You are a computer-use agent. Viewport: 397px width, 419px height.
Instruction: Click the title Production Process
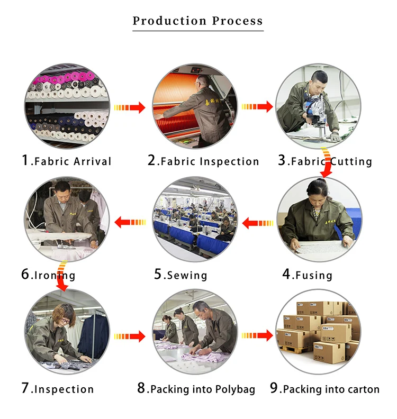point(197,21)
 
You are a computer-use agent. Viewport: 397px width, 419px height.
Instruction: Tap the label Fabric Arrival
point(66,161)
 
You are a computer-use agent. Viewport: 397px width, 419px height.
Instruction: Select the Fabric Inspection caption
point(203,161)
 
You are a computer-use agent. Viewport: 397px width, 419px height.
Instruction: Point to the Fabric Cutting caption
point(325,161)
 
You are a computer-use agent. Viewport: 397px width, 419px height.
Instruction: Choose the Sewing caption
point(181,275)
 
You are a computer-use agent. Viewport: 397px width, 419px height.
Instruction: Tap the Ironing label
point(48,275)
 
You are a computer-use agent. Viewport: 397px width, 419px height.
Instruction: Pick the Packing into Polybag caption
point(196,389)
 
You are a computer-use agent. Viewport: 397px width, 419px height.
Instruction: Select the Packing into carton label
point(324,389)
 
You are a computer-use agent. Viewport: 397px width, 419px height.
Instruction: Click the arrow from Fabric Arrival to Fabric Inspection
point(130,107)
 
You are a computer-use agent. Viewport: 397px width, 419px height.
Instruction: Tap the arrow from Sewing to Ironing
point(130,222)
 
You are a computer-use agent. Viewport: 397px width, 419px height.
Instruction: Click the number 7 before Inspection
point(25,388)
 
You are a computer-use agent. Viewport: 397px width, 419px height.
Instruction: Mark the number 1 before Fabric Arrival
point(25,160)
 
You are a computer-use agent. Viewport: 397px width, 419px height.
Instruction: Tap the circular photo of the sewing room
point(194,219)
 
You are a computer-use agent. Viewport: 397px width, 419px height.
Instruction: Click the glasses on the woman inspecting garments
point(64,320)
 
